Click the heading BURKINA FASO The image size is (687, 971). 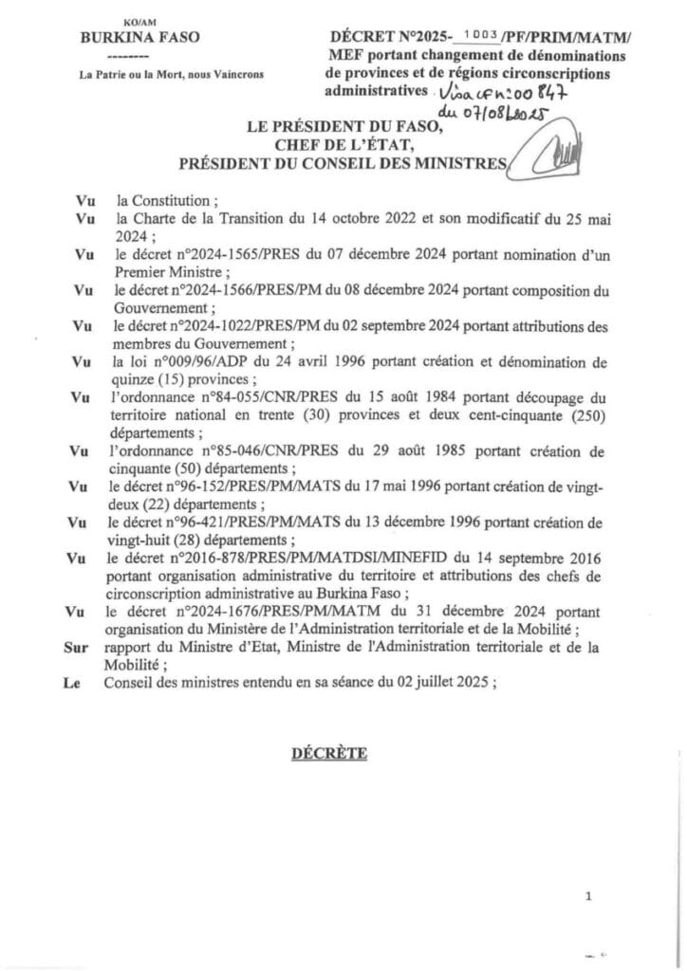[143, 40]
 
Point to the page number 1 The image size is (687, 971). [589, 896]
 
